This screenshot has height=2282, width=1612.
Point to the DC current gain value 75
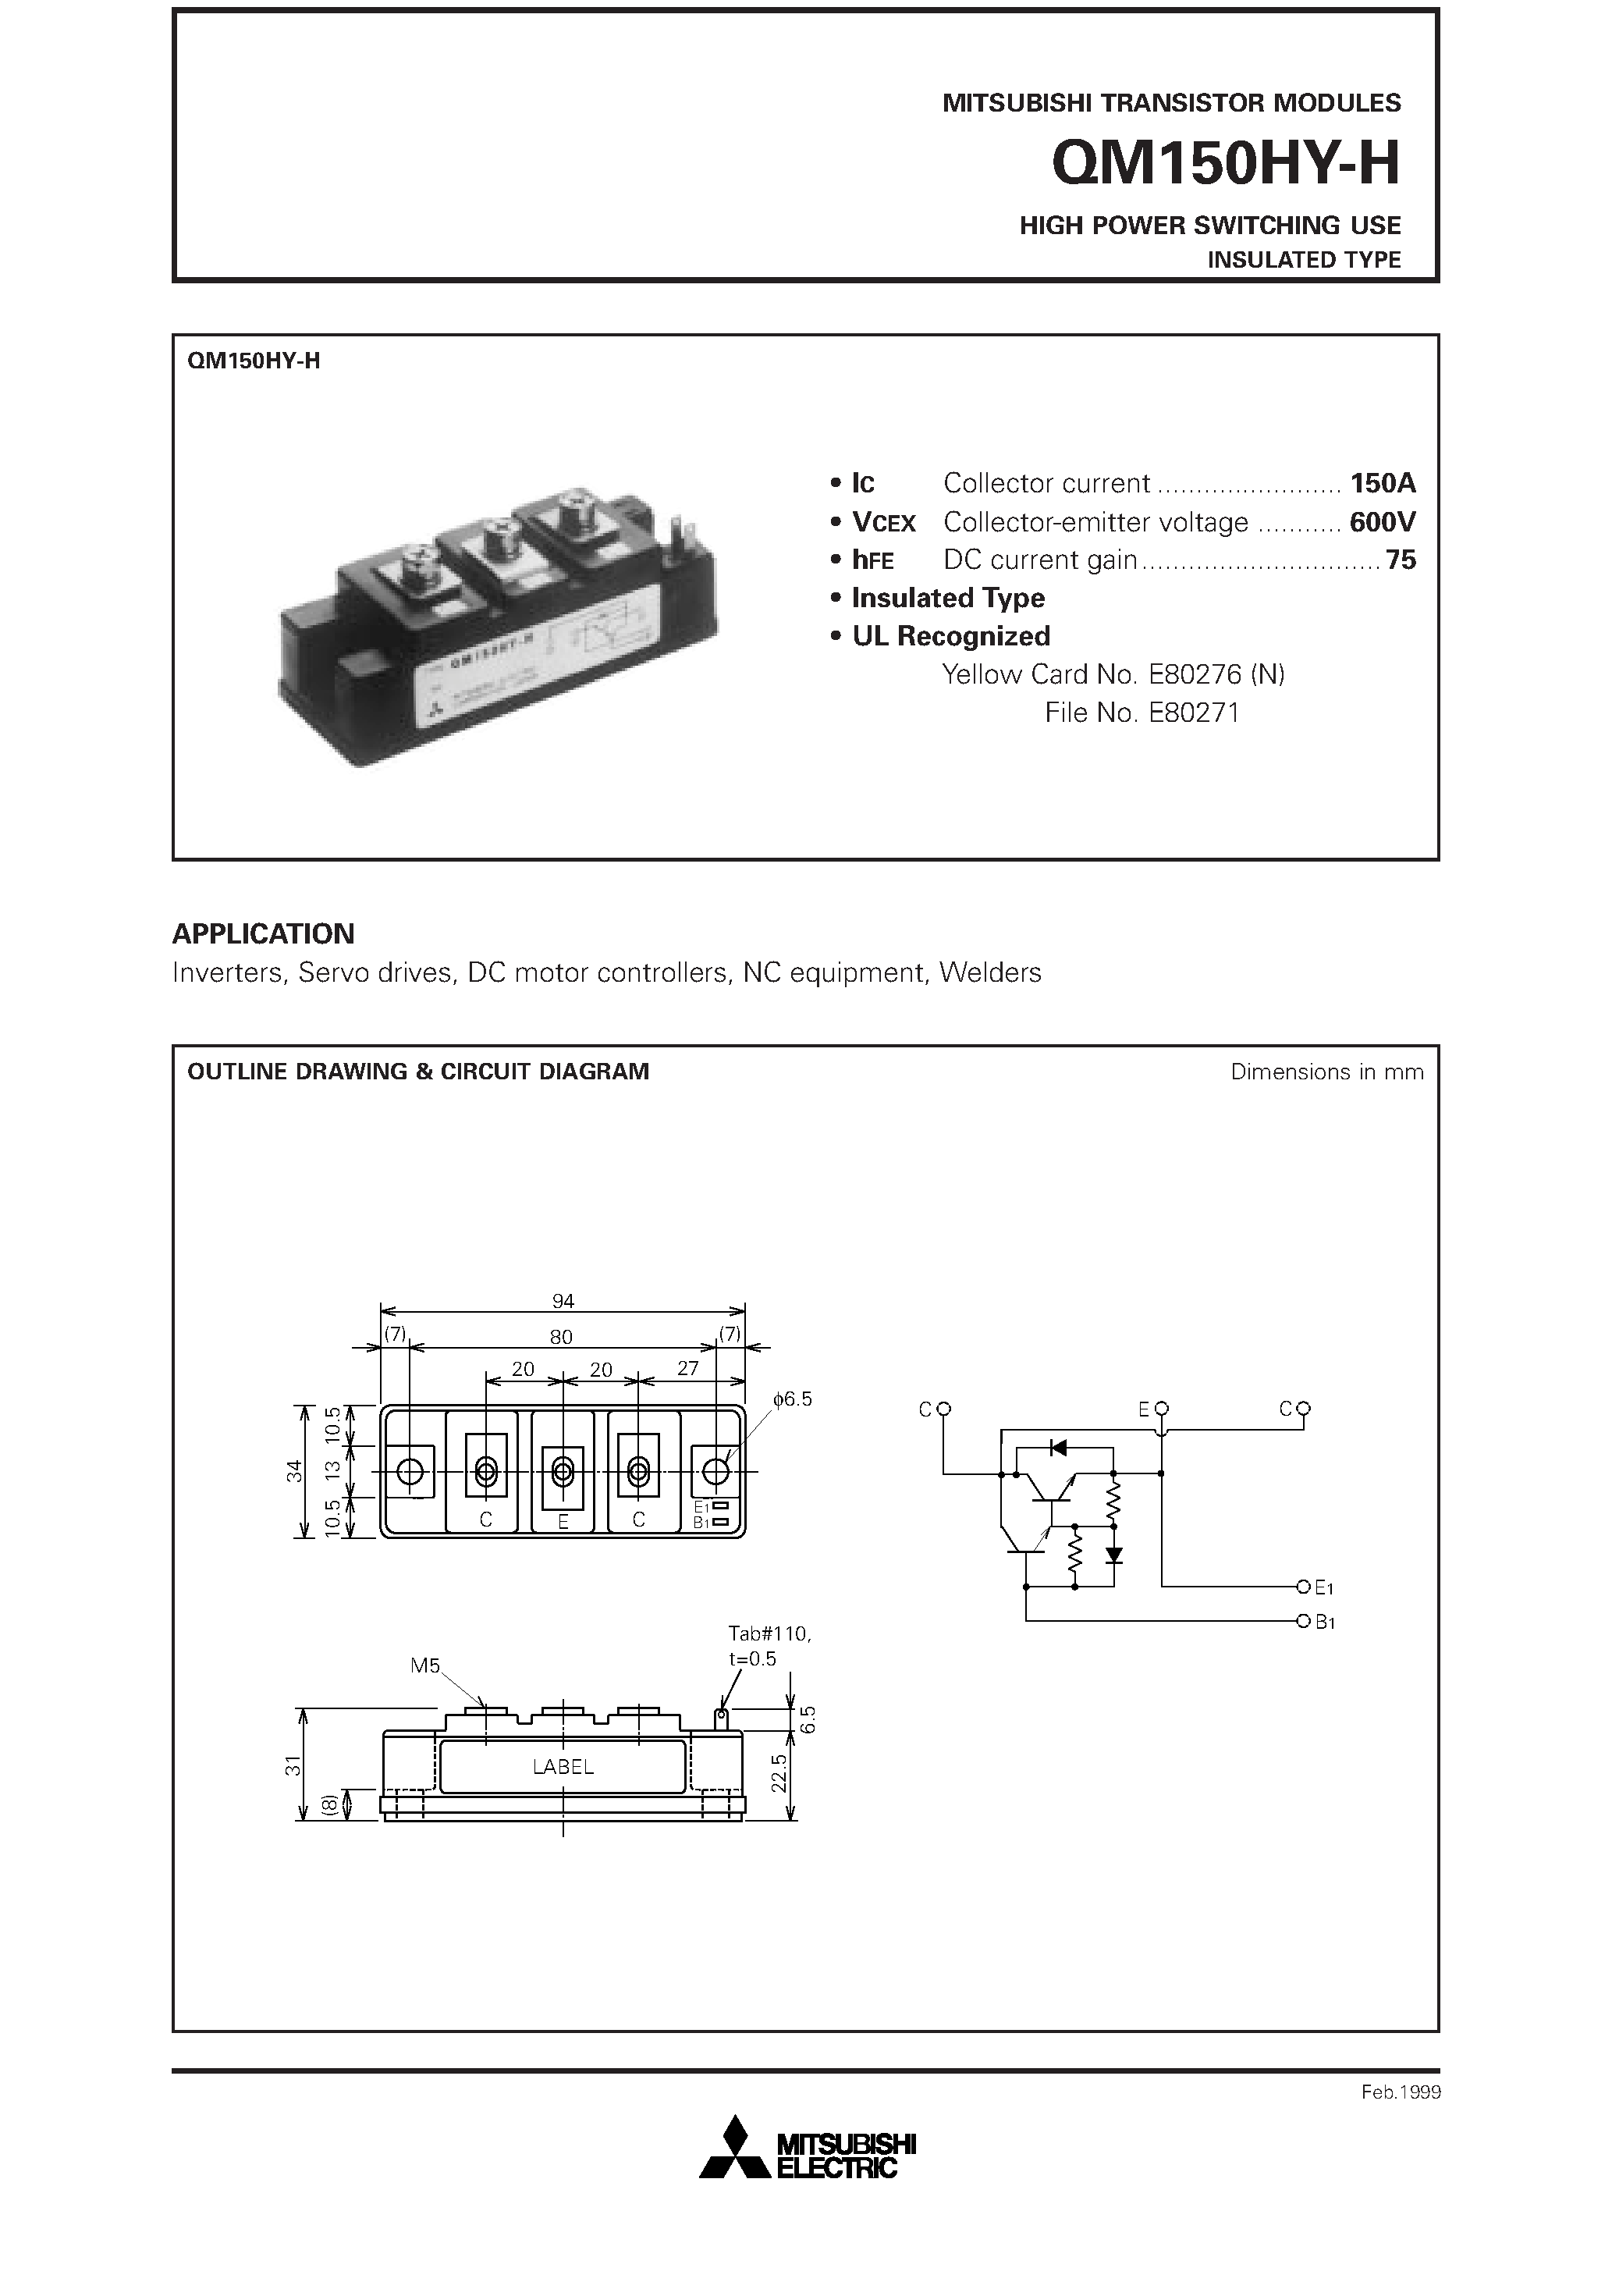tap(1401, 560)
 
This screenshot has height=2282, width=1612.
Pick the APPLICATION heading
tap(264, 933)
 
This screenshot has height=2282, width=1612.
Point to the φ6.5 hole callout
tap(792, 1399)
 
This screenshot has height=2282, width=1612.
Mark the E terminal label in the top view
tap(563, 1520)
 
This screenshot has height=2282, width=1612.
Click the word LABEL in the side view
tap(563, 1766)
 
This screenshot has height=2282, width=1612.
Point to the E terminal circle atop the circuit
tap(1162, 1409)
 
